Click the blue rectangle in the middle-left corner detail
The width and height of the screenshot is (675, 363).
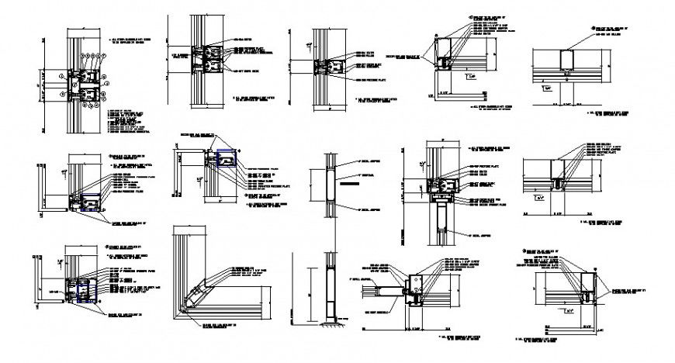[92, 199]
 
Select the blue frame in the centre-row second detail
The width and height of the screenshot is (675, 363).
[227, 159]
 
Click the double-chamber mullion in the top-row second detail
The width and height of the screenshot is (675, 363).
[207, 62]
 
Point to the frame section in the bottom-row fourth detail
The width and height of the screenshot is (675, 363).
[413, 289]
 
